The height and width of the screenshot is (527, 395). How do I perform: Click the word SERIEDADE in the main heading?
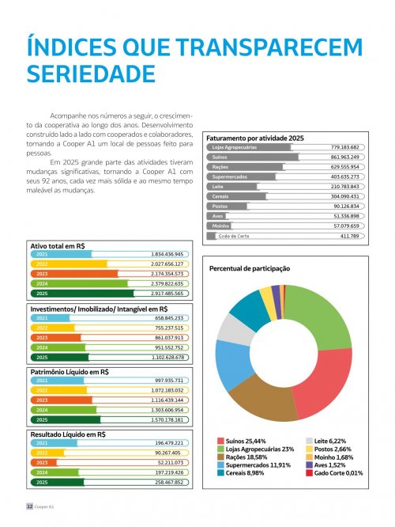(91, 74)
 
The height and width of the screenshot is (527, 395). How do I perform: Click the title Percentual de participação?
(249, 268)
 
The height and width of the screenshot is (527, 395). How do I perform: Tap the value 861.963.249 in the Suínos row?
(344, 157)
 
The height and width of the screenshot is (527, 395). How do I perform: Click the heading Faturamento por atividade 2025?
(253, 137)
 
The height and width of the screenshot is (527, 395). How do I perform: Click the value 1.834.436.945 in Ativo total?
(167, 254)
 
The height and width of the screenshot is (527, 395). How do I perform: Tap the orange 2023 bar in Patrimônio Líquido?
(59, 400)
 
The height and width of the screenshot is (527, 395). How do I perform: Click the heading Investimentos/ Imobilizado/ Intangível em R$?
(99, 309)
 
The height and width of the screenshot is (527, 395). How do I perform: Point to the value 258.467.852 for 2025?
(167, 482)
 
